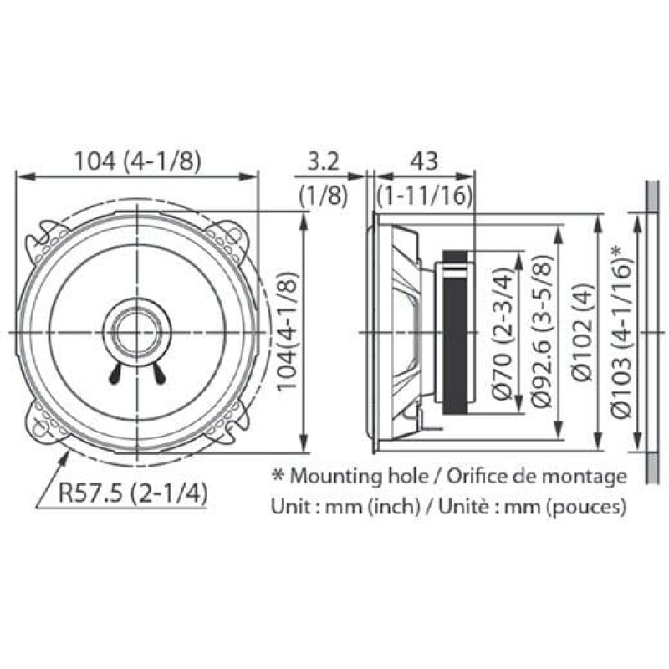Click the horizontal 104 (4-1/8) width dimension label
(137, 161)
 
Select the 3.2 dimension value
(323, 161)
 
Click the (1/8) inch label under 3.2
(323, 197)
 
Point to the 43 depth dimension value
(424, 161)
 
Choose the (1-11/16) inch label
(425, 197)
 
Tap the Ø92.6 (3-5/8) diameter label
(543, 331)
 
